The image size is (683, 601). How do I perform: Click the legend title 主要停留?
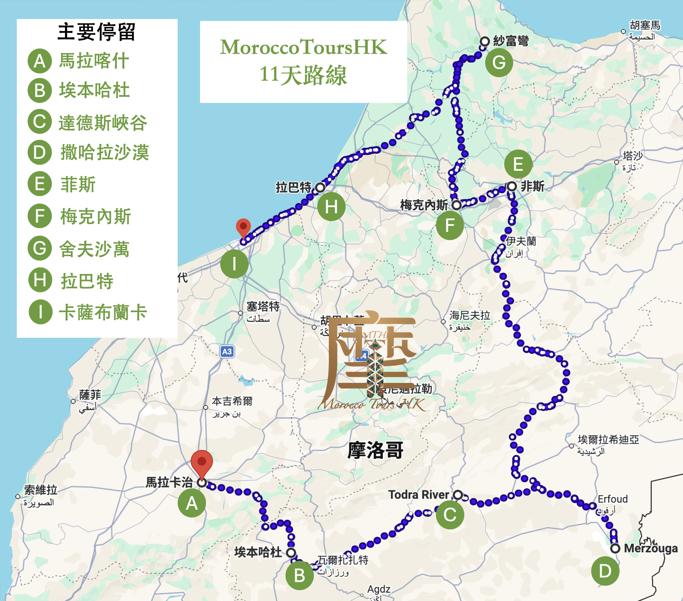tap(96, 32)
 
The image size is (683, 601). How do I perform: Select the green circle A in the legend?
tap(40, 61)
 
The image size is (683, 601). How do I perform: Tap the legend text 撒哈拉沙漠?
tap(105, 152)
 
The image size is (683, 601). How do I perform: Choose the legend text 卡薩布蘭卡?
tap(103, 312)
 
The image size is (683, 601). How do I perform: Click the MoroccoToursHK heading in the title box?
tap(303, 47)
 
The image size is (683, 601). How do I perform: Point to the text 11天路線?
tap(303, 75)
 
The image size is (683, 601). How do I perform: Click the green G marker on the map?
tap(499, 63)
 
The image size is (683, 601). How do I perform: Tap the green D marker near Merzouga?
tap(605, 571)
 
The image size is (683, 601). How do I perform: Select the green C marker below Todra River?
tap(450, 515)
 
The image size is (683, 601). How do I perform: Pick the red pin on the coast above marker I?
tap(243, 227)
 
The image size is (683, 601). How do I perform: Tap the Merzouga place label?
tap(651, 548)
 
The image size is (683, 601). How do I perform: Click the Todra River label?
tap(418, 495)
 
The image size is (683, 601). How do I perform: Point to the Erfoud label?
tap(612, 499)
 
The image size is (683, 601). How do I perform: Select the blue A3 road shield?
tap(227, 351)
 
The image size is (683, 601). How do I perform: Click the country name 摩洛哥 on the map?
tap(375, 450)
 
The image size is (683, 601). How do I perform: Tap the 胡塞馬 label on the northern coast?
tap(645, 25)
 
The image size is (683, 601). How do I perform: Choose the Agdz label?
tap(378, 589)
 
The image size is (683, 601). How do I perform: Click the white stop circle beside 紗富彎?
tap(484, 41)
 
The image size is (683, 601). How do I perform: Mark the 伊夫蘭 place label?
tap(521, 241)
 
